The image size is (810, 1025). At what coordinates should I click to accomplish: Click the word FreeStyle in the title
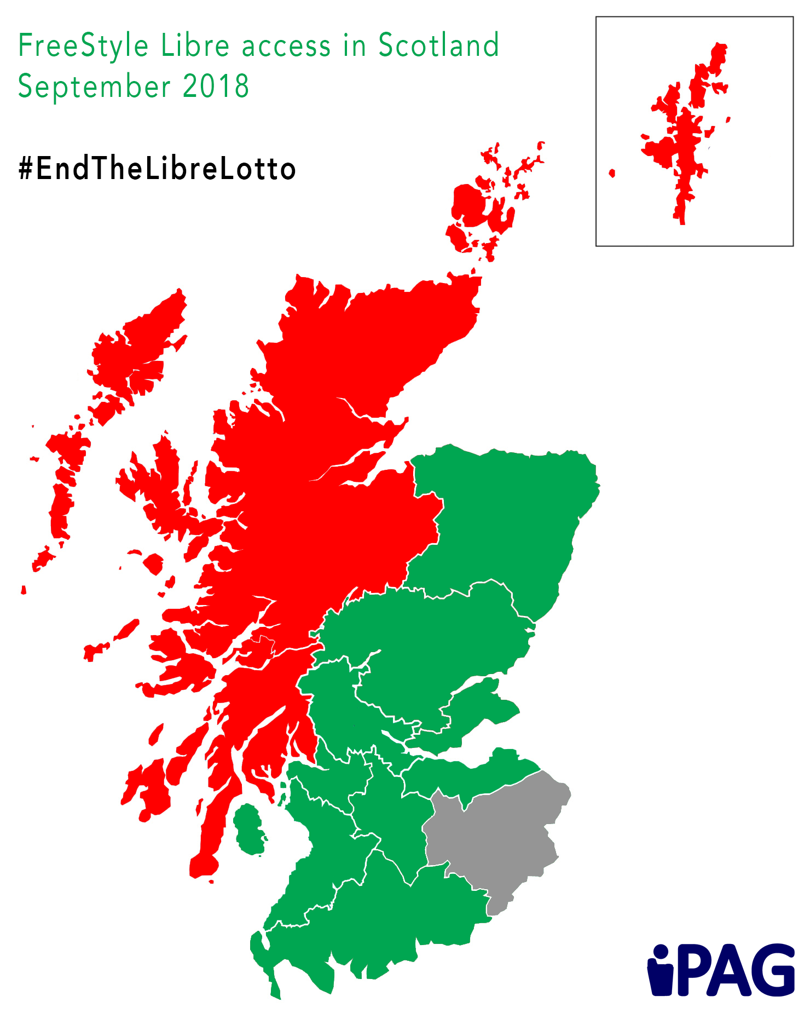point(83,46)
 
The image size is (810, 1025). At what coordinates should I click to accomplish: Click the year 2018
point(216,87)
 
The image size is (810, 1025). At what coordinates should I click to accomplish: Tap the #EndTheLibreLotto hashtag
point(157,169)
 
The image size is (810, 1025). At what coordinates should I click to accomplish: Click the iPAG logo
point(721,970)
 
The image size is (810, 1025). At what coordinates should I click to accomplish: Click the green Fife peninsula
point(476,706)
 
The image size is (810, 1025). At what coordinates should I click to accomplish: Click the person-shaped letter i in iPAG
point(661,970)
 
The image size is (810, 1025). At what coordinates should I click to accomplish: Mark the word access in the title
point(286,46)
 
